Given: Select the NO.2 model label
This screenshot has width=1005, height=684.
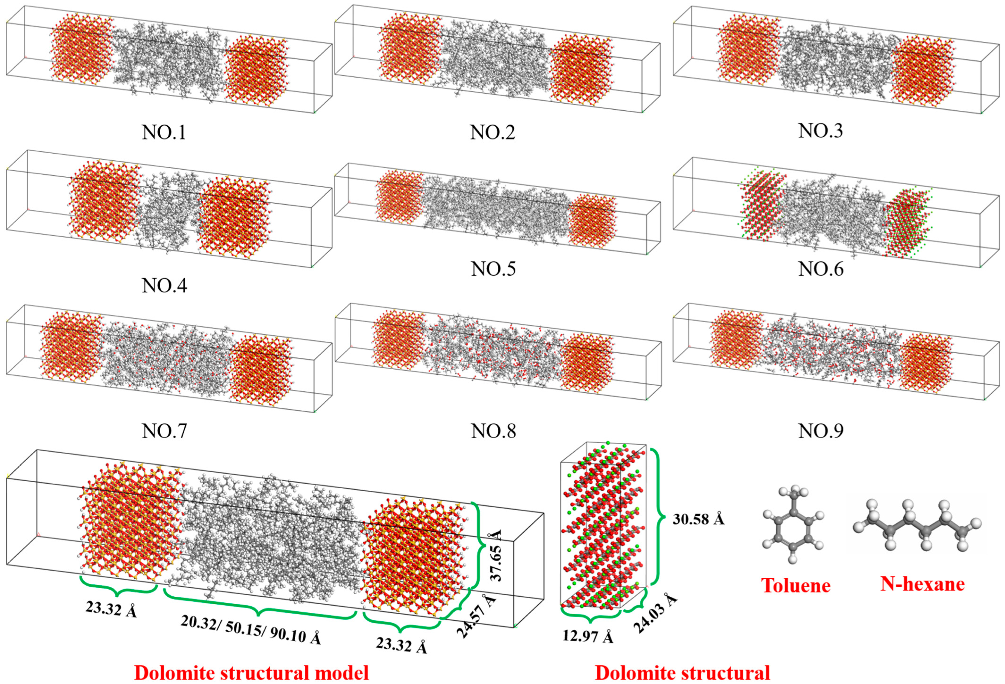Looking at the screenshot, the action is click(x=493, y=132).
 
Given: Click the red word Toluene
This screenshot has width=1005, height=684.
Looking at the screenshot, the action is click(x=796, y=585).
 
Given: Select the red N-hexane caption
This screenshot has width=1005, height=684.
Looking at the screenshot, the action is click(x=922, y=584).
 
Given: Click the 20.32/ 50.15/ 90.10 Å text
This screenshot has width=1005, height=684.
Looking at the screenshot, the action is click(x=251, y=629).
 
